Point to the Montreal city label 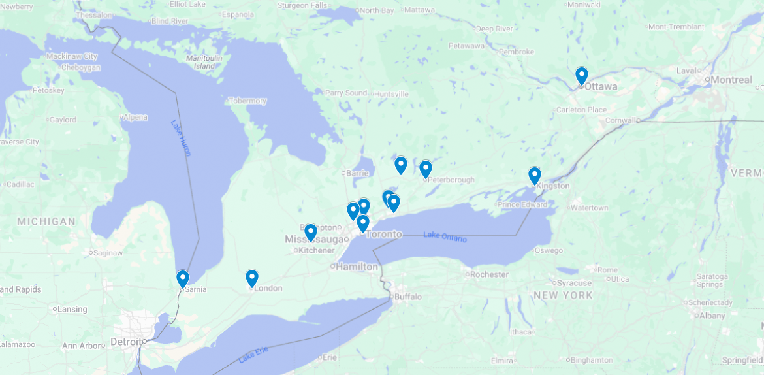click(731, 80)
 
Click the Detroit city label click(127, 342)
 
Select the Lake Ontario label click(445, 237)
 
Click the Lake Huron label click(181, 137)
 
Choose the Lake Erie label click(253, 355)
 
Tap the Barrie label click(356, 173)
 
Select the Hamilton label click(357, 267)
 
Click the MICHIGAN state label click(46, 221)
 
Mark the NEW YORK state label click(563, 295)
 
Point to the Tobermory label click(247, 101)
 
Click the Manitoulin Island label click(204, 62)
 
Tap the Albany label click(712, 316)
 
